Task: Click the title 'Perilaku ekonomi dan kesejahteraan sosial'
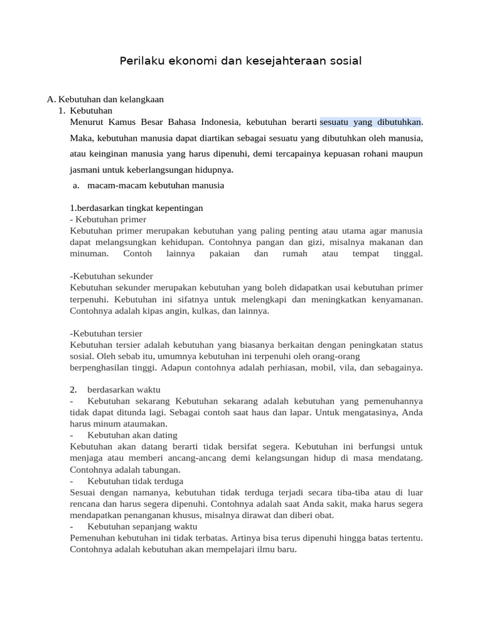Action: (x=241, y=62)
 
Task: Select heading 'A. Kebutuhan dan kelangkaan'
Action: (x=105, y=99)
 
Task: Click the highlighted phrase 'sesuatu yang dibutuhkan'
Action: (x=371, y=121)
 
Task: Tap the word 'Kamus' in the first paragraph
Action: (x=123, y=121)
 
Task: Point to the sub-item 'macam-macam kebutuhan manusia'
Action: (x=156, y=186)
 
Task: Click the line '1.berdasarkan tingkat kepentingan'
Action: (x=136, y=208)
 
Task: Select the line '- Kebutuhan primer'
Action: (x=108, y=219)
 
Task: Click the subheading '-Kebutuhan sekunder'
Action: (x=112, y=276)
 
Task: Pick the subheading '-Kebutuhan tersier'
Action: (x=106, y=333)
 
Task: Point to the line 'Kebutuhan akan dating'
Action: (x=132, y=435)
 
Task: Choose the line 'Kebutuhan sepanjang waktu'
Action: (x=142, y=526)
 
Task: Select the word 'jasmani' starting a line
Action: (x=84, y=170)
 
